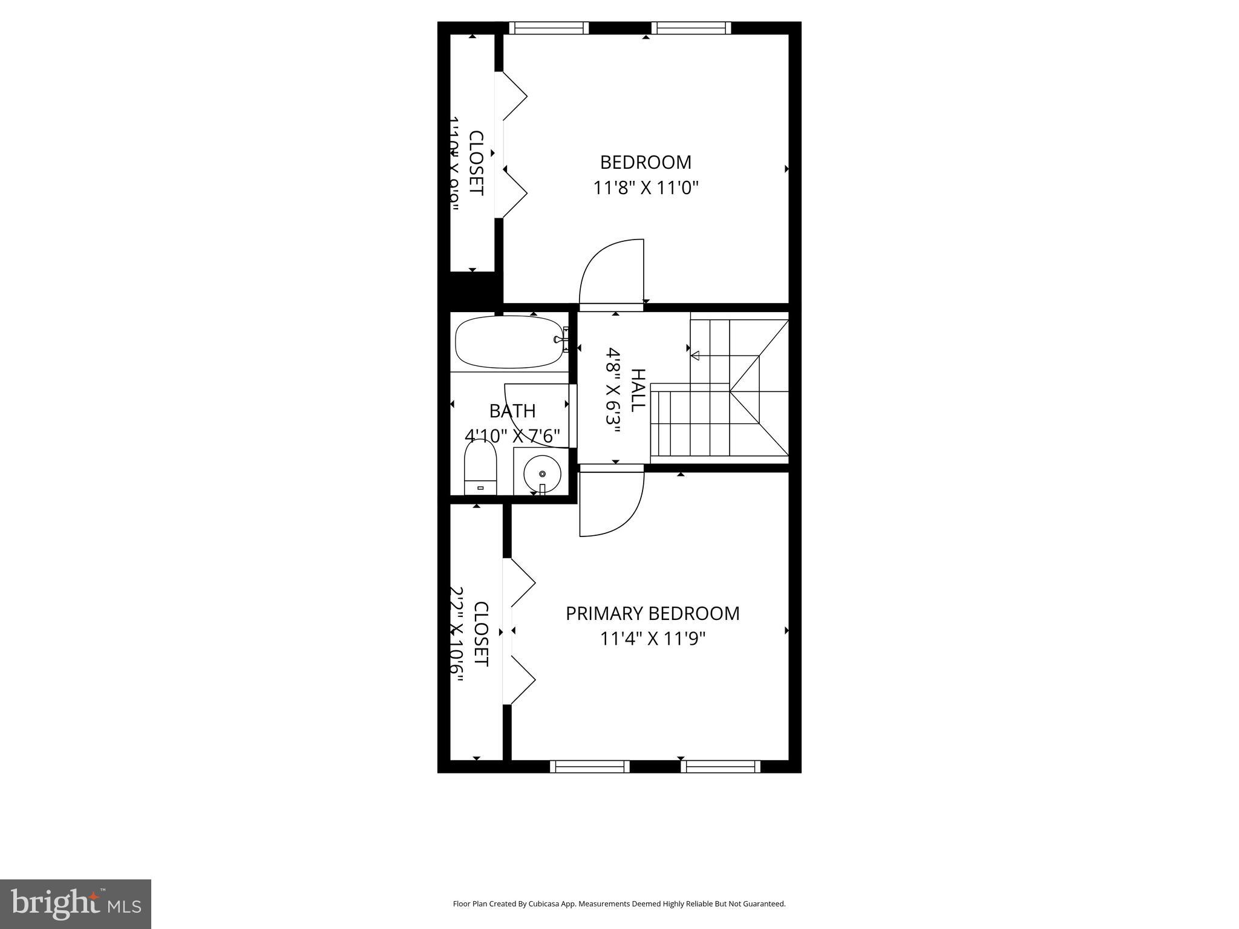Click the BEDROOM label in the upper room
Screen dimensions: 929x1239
[x=646, y=162]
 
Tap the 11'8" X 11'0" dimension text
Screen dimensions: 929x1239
[x=646, y=188]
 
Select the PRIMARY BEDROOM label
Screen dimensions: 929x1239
[x=652, y=613]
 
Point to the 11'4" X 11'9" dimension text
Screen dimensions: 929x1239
[x=653, y=639]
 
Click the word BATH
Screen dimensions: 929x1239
[x=512, y=411]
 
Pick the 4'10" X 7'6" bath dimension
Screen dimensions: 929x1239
[x=512, y=435]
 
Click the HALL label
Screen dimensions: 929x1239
[x=638, y=391]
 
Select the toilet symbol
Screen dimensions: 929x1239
[x=480, y=468]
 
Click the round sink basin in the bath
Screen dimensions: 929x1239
[x=542, y=474]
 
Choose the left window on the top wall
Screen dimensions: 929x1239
[x=549, y=28]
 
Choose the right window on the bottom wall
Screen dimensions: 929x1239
[x=720, y=767]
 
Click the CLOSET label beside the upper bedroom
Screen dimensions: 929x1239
[x=477, y=163]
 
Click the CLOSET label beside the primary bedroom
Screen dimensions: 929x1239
[x=480, y=634]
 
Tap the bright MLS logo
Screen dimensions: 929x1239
[x=76, y=904]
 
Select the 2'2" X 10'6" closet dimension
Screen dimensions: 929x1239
[x=458, y=634]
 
